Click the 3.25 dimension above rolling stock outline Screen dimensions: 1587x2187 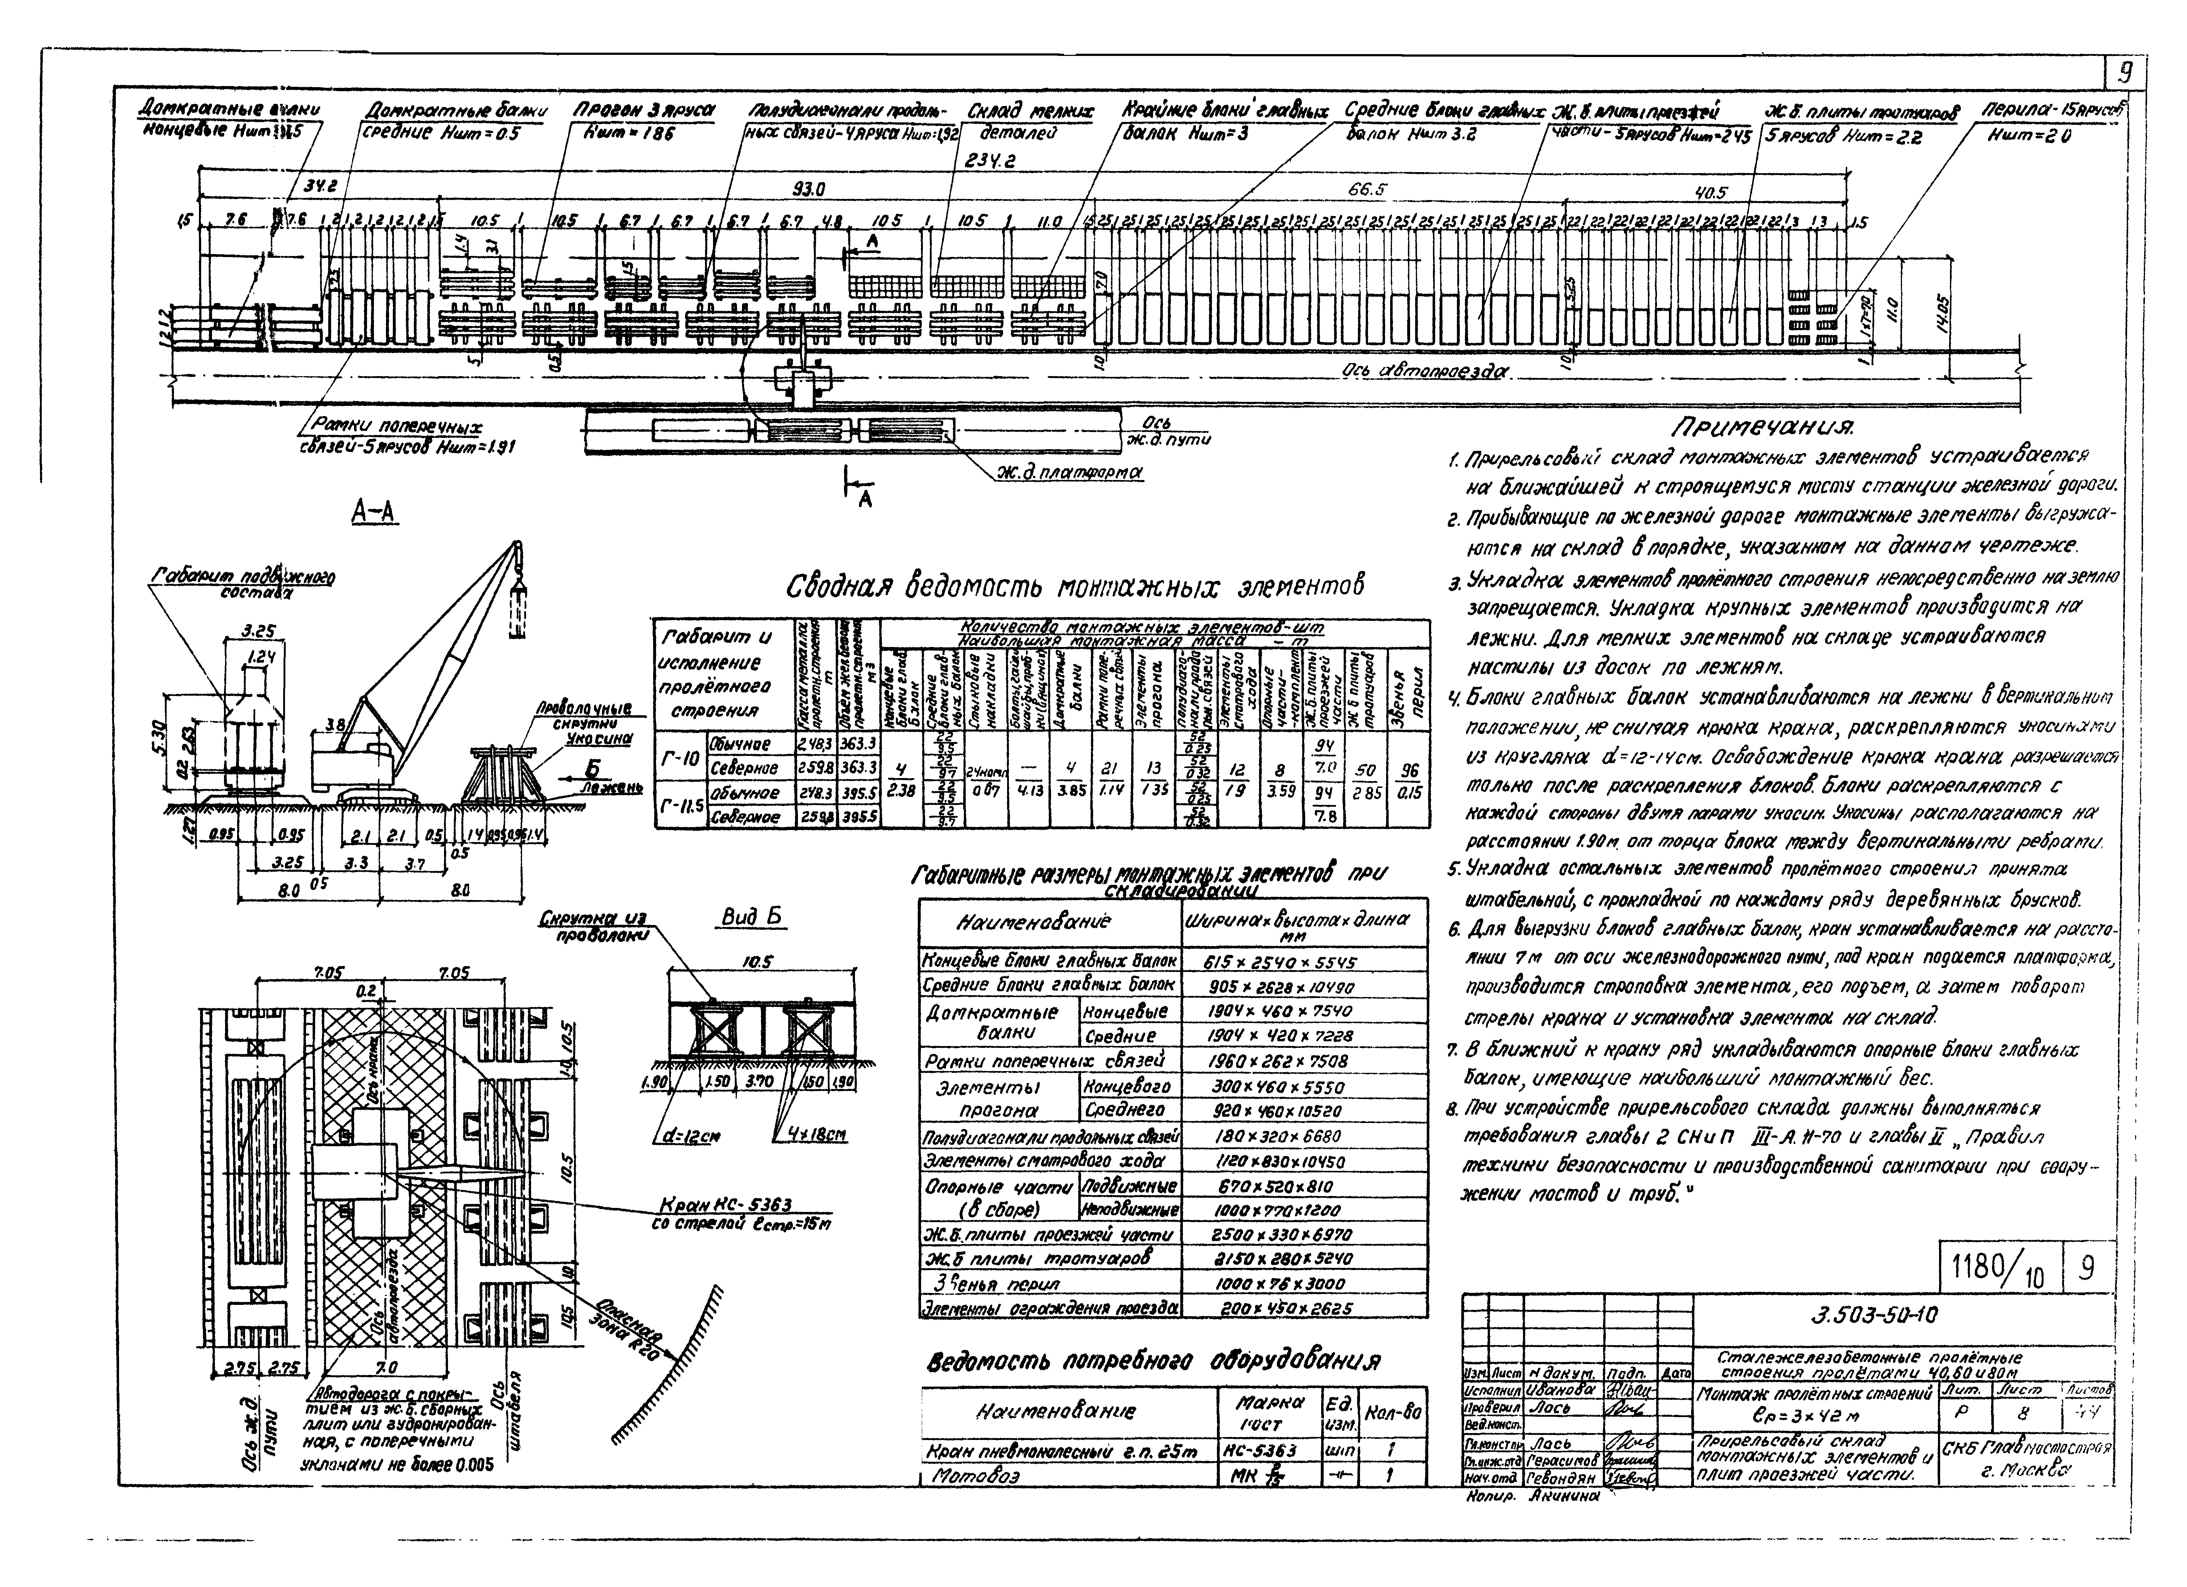coord(257,631)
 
